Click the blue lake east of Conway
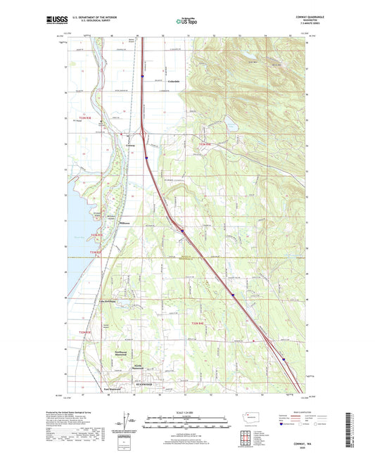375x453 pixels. click(230, 127)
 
